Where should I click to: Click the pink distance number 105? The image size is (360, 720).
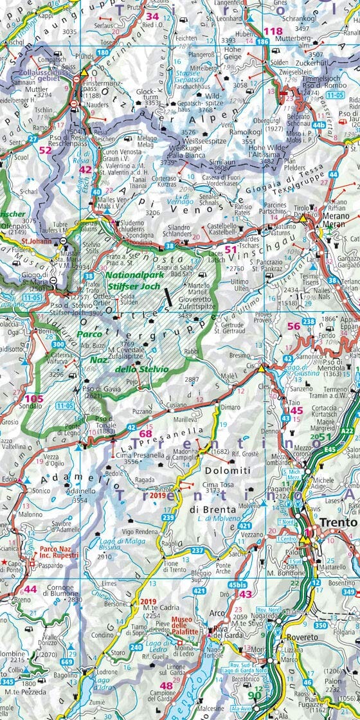[x=33, y=399]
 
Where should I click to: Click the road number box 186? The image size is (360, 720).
[x=262, y=42]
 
